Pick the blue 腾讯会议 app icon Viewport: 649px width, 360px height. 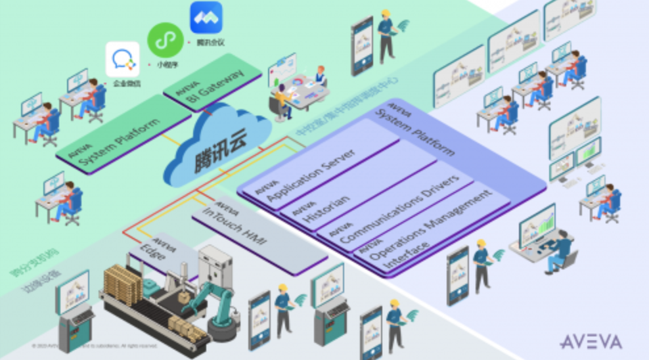(x=206, y=17)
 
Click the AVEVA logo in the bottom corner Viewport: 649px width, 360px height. (x=590, y=342)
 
